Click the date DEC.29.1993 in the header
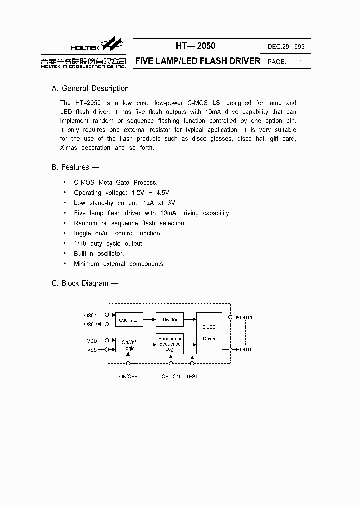click(x=286, y=47)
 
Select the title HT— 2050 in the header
click(x=195, y=46)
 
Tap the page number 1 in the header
click(x=300, y=62)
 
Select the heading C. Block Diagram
click(x=85, y=283)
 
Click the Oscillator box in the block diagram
click(x=129, y=320)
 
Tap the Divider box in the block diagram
click(x=170, y=320)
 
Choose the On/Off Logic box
click(x=129, y=345)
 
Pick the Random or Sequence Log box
click(x=170, y=344)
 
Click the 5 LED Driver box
click(x=209, y=333)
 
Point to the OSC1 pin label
click(x=90, y=315)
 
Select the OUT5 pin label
click(x=246, y=350)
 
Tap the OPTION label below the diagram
click(x=171, y=376)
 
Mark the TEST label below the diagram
click(x=192, y=376)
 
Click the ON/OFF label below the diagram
click(x=128, y=376)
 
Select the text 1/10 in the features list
click(x=80, y=244)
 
